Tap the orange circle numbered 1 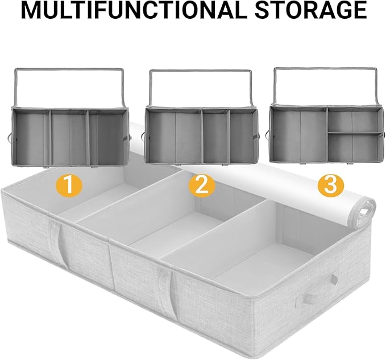tap(68, 186)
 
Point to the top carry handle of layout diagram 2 tap(201, 73)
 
